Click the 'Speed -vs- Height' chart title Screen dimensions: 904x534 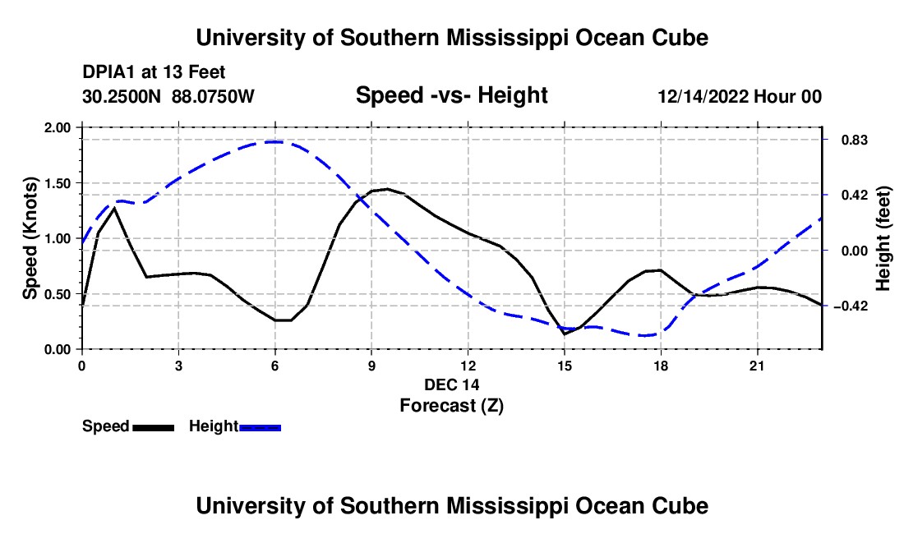(x=451, y=95)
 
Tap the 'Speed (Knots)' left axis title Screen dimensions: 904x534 (x=30, y=238)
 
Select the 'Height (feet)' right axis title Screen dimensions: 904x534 (x=883, y=238)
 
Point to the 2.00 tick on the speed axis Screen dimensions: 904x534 (x=57, y=127)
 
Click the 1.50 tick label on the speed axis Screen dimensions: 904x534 (x=57, y=183)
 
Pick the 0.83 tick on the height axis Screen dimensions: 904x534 (x=854, y=140)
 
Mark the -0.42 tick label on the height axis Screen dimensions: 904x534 (x=851, y=306)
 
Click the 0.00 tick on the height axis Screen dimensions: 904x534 (x=854, y=251)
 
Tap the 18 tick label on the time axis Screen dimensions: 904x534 (x=661, y=366)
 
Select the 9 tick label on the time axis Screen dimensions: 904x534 (x=371, y=366)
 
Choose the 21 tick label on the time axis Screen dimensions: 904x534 (x=757, y=366)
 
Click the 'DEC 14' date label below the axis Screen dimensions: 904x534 (x=452, y=384)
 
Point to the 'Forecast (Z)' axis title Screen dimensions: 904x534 (x=452, y=406)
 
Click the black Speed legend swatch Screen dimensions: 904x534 (x=154, y=427)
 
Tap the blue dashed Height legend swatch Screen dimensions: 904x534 (x=260, y=427)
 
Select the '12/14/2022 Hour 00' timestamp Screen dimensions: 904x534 (x=740, y=96)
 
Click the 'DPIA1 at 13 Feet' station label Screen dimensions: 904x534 (x=154, y=72)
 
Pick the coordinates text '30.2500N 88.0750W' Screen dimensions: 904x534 (x=168, y=96)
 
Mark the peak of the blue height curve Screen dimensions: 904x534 (x=275, y=141)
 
